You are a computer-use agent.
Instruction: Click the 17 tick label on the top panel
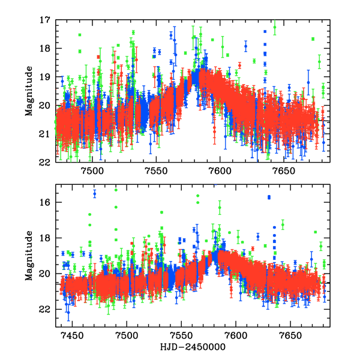point(45,20)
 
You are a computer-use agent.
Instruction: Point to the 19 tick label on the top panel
point(45,77)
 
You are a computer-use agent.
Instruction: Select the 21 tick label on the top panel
point(45,134)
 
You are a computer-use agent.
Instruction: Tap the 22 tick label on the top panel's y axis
point(45,162)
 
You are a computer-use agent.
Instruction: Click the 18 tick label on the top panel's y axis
point(45,48)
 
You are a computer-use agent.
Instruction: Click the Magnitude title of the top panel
point(29,91)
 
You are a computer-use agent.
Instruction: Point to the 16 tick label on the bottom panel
point(45,202)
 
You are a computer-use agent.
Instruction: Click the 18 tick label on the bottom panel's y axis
point(45,238)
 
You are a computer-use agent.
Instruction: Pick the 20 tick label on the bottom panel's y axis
point(45,274)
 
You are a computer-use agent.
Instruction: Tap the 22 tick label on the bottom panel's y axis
point(45,309)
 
